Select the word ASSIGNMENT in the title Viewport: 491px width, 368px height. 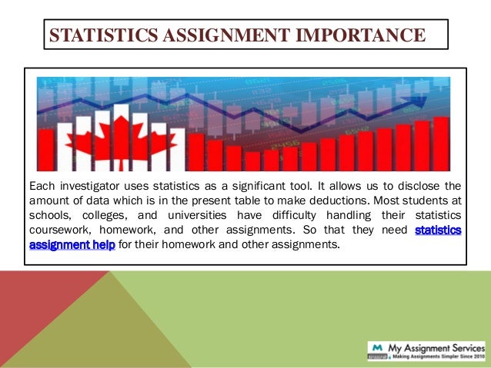click(x=220, y=35)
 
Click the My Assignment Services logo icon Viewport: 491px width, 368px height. click(x=377, y=350)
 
